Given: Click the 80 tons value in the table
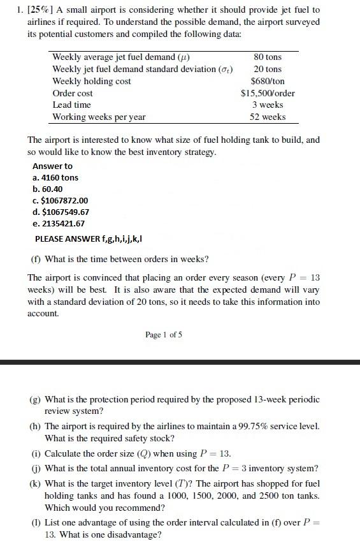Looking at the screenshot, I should coord(268,57).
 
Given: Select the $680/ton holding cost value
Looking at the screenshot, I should coord(268,81).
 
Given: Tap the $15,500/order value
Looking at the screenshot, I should coord(268,93).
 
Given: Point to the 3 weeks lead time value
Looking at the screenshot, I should coord(268,105).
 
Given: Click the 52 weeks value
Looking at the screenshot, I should coord(268,117).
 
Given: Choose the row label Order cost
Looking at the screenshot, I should coord(73,93).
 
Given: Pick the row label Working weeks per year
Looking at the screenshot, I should coord(99,117).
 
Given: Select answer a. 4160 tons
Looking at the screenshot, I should coord(55,177).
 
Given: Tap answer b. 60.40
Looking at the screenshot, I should coord(47,189).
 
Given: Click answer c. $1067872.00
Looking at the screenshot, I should coord(60,200).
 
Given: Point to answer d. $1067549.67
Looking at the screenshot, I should coord(61,212).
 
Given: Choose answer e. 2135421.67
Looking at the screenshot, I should coord(58,223).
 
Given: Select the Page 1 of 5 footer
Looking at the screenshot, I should coord(164,334).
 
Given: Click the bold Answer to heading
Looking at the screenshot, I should coord(52,166).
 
